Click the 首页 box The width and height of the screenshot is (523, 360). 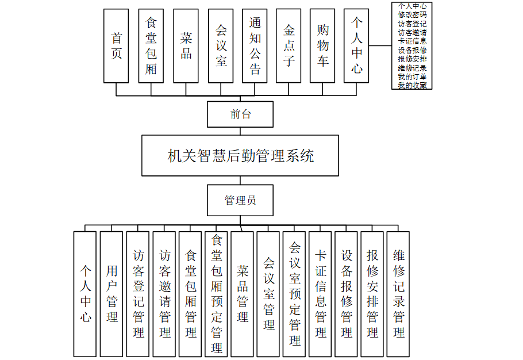point(116,46)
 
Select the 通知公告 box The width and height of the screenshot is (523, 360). point(255,46)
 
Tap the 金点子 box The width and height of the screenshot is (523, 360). point(289,46)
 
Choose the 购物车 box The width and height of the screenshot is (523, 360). point(322,46)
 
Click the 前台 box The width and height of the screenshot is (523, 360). point(240,114)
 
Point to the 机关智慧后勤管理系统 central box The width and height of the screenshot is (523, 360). point(241,155)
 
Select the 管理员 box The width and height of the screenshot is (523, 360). point(240,200)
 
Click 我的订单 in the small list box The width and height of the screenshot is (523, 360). point(412,76)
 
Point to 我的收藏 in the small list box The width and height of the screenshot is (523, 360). point(412,85)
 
